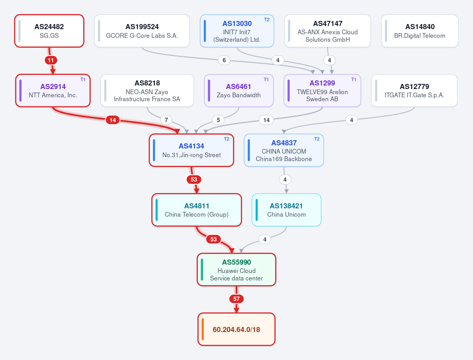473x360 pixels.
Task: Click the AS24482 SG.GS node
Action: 49,31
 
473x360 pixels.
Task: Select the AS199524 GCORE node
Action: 142,31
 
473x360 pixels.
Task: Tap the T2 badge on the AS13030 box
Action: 266,20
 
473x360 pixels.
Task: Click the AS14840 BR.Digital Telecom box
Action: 419,31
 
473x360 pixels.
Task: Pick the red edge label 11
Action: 51,60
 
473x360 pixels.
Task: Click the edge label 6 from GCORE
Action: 224,60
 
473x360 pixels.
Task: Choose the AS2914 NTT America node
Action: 53,91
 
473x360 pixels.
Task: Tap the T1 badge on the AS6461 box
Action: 266,80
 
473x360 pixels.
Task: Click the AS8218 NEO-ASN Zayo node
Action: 147,91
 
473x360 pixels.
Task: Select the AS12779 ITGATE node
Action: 414,91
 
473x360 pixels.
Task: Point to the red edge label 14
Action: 113,120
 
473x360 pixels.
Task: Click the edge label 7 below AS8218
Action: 166,120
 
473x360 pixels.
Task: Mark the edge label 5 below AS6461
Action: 218,120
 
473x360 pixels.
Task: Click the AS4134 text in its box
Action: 191,146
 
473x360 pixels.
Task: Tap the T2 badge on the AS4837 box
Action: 317,139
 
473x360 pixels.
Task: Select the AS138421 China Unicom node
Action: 287,210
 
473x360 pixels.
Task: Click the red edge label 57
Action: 236,299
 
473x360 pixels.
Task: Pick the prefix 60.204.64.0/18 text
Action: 236,329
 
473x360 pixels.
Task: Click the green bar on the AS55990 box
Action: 202,269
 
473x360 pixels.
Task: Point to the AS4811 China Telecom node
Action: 197,210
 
